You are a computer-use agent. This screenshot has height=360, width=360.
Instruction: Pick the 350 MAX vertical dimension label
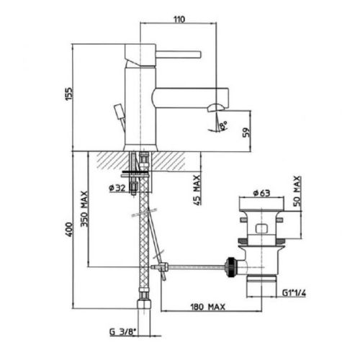pyautogui.click(x=85, y=209)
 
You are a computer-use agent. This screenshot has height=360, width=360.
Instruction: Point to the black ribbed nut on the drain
pyautogui.click(x=233, y=264)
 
